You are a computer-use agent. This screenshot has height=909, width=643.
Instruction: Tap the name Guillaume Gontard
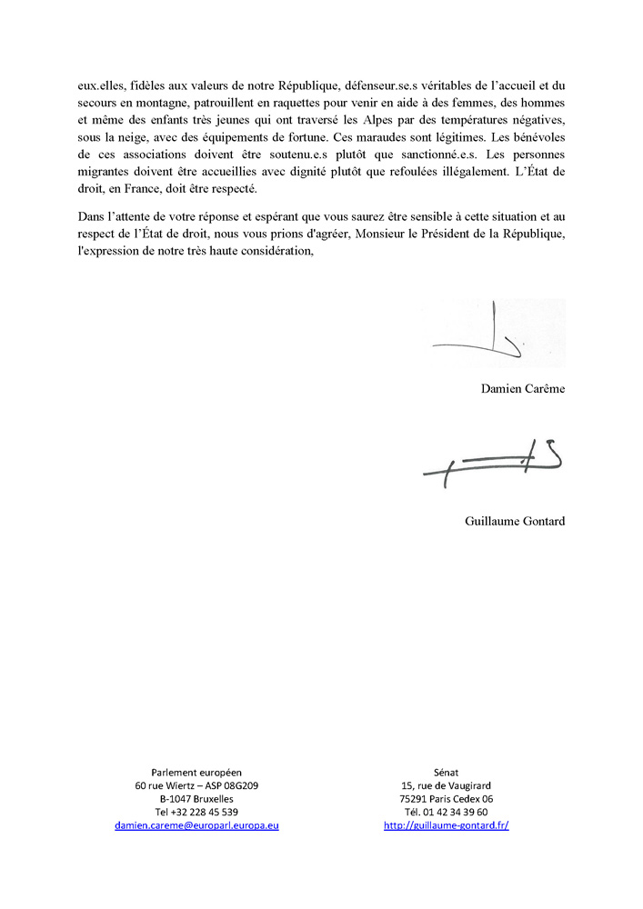[x=514, y=521]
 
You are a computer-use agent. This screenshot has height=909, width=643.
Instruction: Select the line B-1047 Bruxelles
[x=196, y=798]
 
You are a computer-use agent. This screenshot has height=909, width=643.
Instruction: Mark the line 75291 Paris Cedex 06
[x=446, y=798]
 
